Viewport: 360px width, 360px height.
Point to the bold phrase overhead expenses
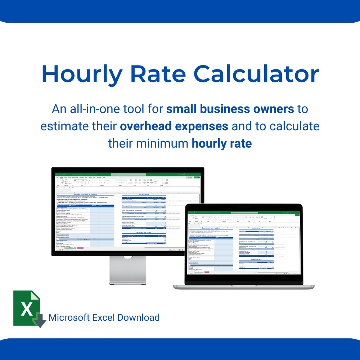pyautogui.click(x=174, y=126)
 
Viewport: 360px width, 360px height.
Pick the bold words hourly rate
pyautogui.click(x=221, y=144)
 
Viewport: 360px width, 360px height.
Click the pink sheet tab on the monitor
pyautogui.click(x=80, y=248)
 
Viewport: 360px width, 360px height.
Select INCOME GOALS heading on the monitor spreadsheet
pyautogui.click(x=143, y=194)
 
